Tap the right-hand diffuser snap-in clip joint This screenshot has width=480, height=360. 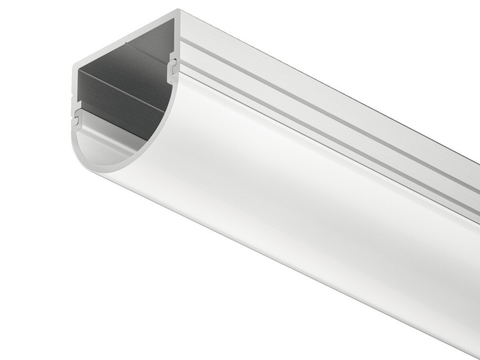pyautogui.click(x=173, y=68)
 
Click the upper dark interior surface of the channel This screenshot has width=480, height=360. pyautogui.click(x=136, y=60)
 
